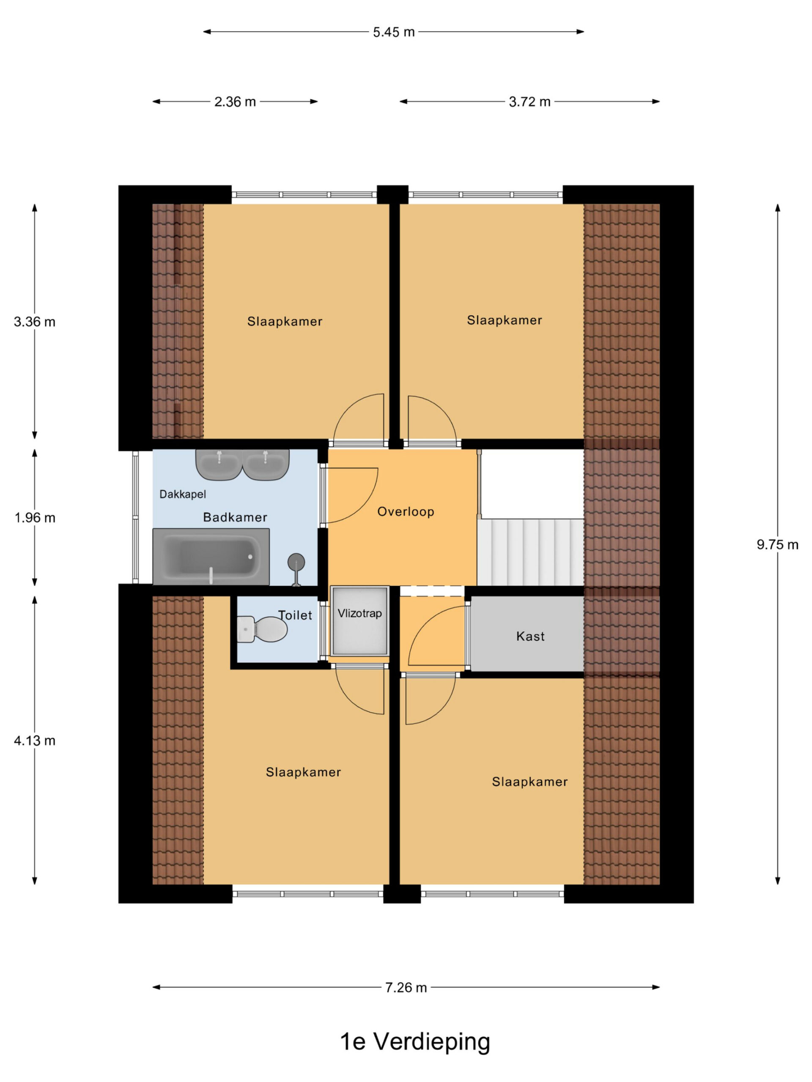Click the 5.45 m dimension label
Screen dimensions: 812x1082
[393, 32]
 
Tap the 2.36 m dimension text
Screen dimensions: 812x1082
[235, 102]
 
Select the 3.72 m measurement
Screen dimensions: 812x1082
[529, 102]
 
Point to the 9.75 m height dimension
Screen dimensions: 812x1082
[778, 544]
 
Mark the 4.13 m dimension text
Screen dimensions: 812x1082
[35, 740]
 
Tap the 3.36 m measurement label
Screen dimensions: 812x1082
[35, 322]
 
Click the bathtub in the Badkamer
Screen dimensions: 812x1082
[211, 557]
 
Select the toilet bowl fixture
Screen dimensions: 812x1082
[262, 629]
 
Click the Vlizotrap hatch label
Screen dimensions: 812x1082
[360, 613]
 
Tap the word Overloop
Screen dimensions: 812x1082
[406, 512]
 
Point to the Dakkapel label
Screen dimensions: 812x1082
[183, 495]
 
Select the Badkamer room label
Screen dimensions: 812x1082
[235, 517]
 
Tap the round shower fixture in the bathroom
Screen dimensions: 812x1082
[296, 569]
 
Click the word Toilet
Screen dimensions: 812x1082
[295, 615]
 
